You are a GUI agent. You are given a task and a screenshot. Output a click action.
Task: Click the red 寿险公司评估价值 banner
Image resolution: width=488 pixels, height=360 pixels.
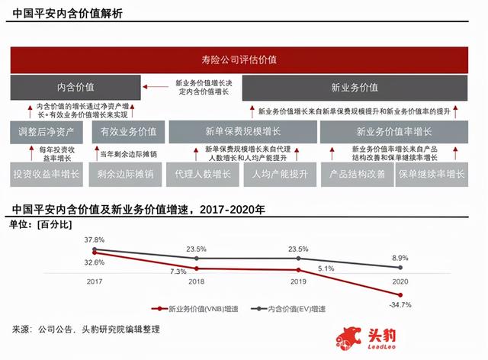[x=243, y=59]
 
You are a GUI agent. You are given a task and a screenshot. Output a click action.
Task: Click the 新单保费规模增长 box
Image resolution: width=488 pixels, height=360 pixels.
[x=241, y=131]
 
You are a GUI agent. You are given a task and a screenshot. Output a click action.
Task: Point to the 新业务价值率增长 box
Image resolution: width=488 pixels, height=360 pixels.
[x=394, y=131]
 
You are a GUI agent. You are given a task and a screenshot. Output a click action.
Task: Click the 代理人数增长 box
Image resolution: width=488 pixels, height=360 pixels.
[x=203, y=173]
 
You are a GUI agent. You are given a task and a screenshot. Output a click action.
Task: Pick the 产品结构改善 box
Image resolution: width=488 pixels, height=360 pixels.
[x=356, y=173]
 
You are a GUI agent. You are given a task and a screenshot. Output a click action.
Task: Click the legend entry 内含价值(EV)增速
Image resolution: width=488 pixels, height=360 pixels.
[x=296, y=309]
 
